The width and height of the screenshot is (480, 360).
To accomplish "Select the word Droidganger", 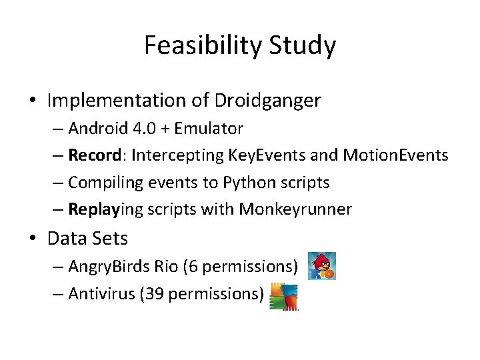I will [x=267, y=101].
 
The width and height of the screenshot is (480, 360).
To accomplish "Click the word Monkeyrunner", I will [x=295, y=209].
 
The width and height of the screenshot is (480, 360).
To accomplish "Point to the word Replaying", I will [x=105, y=209].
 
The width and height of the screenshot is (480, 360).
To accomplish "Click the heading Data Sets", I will [x=87, y=238].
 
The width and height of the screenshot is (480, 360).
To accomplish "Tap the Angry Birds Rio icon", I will [x=321, y=265].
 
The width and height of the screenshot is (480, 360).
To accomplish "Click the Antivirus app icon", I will [x=283, y=297].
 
